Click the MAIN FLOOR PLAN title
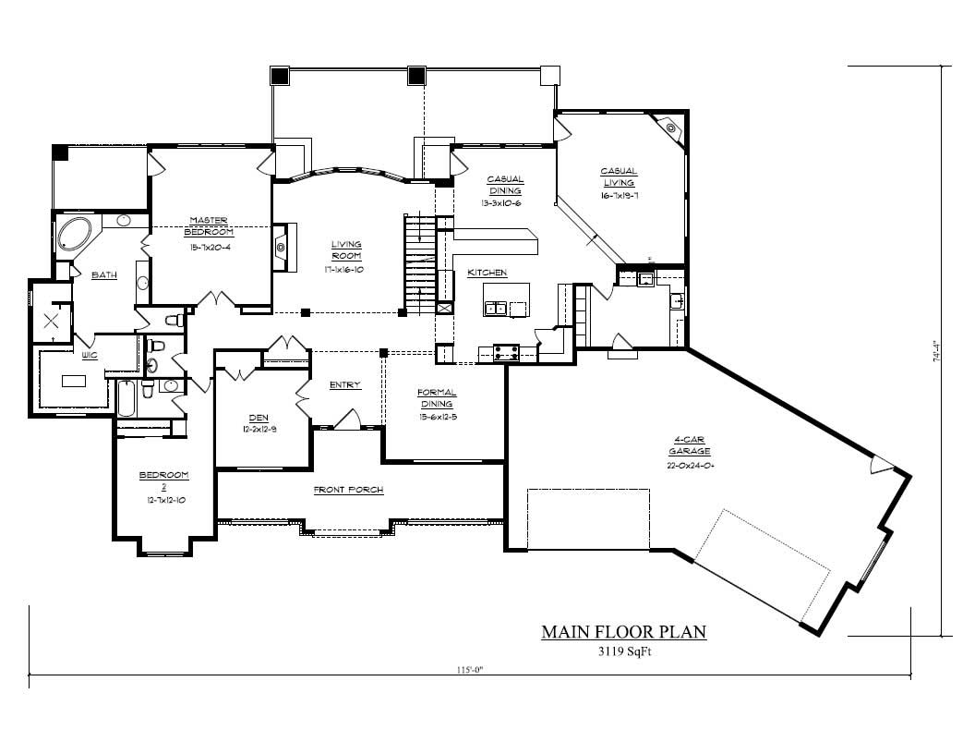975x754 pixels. pyautogui.click(x=623, y=633)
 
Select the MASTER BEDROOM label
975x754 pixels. pyautogui.click(x=209, y=225)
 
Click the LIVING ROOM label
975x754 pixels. pyautogui.click(x=346, y=250)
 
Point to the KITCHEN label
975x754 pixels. pyautogui.click(x=487, y=273)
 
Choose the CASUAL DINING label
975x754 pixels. pyautogui.click(x=505, y=185)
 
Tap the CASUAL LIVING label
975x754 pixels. pyautogui.click(x=619, y=176)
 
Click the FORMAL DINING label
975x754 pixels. pyautogui.click(x=437, y=398)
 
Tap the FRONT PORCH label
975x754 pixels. pyautogui.click(x=348, y=490)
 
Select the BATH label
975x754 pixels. pyautogui.click(x=102, y=274)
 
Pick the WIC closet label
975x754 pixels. pyautogui.click(x=90, y=354)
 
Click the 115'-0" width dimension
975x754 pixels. pyautogui.click(x=470, y=671)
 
